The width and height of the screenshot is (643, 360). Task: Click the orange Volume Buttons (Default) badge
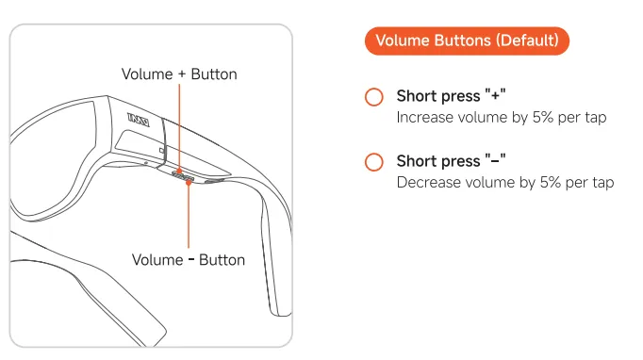pyautogui.click(x=467, y=41)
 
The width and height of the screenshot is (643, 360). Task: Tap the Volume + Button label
pyautogui.click(x=179, y=74)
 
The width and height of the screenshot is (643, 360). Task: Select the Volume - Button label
pyautogui.click(x=189, y=259)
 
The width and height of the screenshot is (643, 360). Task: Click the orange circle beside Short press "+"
pyautogui.click(x=374, y=97)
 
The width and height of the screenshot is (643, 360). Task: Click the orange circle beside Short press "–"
pyautogui.click(x=374, y=161)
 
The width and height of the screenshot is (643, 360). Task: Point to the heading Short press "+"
pyautogui.click(x=451, y=96)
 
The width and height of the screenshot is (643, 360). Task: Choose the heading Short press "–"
pyautogui.click(x=451, y=161)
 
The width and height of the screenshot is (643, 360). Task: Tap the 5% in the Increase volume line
pyautogui.click(x=543, y=117)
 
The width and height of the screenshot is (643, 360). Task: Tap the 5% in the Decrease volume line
pyautogui.click(x=551, y=182)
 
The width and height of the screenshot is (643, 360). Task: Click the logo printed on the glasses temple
pyautogui.click(x=139, y=120)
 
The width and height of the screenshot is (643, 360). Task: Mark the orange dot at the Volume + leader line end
pyautogui.click(x=179, y=171)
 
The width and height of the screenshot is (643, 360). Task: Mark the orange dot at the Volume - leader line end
pyautogui.click(x=189, y=182)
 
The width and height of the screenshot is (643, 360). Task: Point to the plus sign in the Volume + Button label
pyautogui.click(x=182, y=74)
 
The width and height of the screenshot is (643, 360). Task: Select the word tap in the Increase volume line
pyautogui.click(x=596, y=118)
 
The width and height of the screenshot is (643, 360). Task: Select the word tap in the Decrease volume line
pyautogui.click(x=602, y=183)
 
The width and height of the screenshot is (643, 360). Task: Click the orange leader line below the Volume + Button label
pyautogui.click(x=179, y=126)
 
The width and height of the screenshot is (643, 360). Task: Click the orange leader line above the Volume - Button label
pyautogui.click(x=189, y=216)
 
